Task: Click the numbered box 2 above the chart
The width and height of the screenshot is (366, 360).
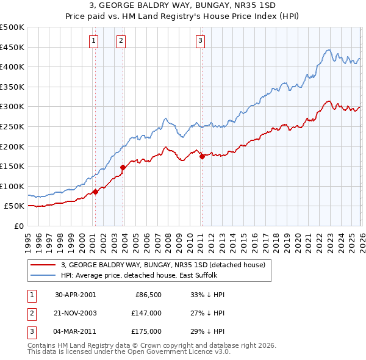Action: [121, 41]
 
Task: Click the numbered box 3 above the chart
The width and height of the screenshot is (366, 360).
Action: [200, 41]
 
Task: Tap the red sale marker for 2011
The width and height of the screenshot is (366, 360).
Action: [202, 156]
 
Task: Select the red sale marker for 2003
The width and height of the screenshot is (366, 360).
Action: [123, 167]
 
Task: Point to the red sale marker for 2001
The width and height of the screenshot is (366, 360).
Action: [96, 192]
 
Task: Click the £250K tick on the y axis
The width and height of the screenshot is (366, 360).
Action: [12, 126]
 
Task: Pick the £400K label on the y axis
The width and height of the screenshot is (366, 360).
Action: [12, 67]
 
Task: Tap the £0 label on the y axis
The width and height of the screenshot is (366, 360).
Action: [18, 226]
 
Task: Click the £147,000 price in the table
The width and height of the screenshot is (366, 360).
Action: [147, 312]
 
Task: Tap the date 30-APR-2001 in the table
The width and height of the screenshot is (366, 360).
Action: [75, 294]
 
